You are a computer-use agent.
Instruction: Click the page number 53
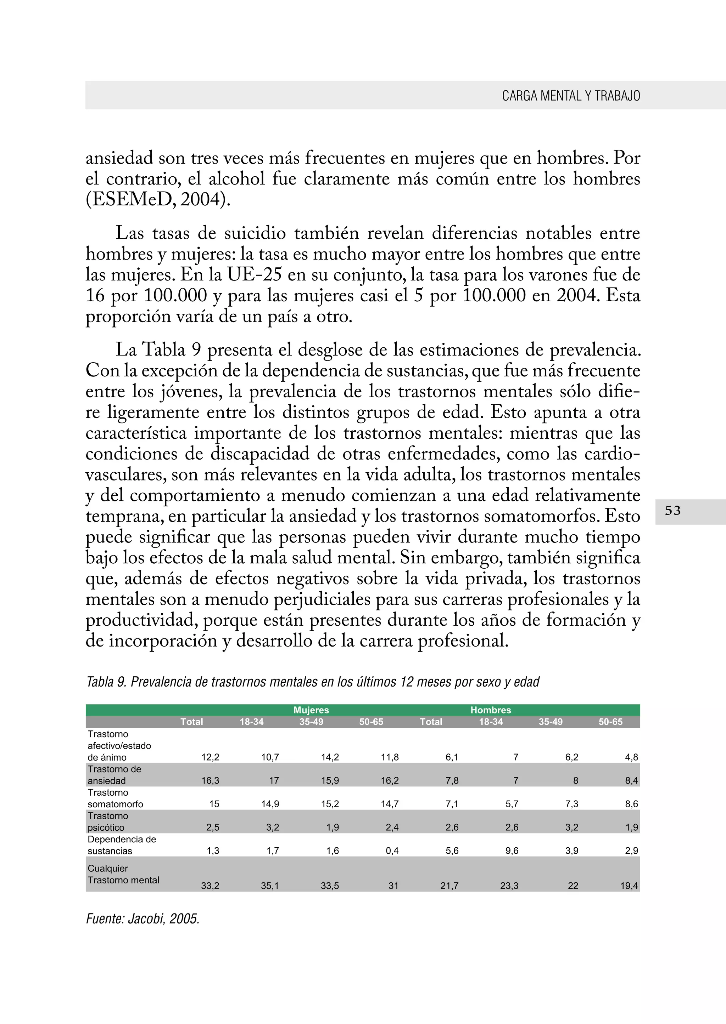[x=672, y=511]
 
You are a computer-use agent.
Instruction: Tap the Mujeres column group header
[x=311, y=710]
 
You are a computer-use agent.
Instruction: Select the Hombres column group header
[x=490, y=710]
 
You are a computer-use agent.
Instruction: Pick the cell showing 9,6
[x=512, y=851]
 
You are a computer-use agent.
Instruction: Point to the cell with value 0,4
[x=392, y=851]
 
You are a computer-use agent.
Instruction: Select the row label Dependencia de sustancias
[x=122, y=845]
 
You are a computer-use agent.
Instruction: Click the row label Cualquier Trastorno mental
[x=123, y=874]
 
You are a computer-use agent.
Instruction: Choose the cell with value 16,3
[x=210, y=781]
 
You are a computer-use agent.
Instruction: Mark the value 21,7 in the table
[x=449, y=886]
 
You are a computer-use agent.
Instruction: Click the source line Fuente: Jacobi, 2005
[x=143, y=918]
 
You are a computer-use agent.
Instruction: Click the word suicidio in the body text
[x=255, y=233]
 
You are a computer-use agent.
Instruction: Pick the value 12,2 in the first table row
[x=210, y=757]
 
